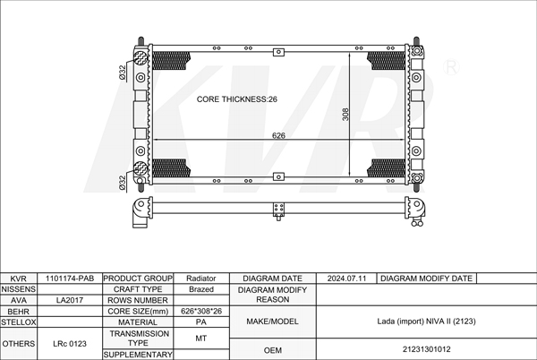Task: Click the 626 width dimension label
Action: pyautogui.click(x=278, y=135)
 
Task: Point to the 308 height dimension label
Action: pyautogui.click(x=345, y=115)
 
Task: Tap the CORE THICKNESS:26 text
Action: pyautogui.click(x=236, y=99)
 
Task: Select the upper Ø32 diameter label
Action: pyautogui.click(x=123, y=73)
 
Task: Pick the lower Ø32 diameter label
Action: pyautogui.click(x=123, y=183)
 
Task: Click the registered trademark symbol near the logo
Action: pyautogui.click(x=451, y=67)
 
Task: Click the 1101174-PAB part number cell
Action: pyautogui.click(x=70, y=279)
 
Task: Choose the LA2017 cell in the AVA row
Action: pyautogui.click(x=70, y=300)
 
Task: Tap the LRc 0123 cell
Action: pyautogui.click(x=70, y=344)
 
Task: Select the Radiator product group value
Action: pyautogui.click(x=201, y=279)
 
